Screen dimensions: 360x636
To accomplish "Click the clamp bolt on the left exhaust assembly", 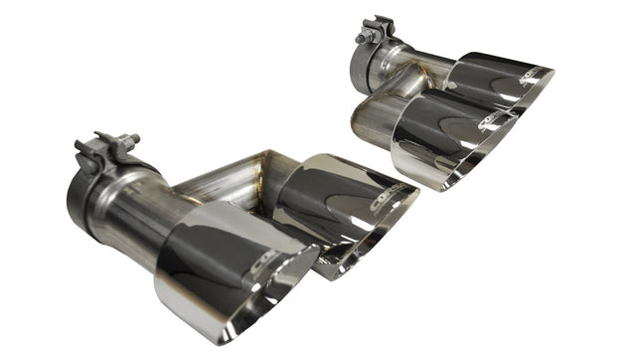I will [127, 140].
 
